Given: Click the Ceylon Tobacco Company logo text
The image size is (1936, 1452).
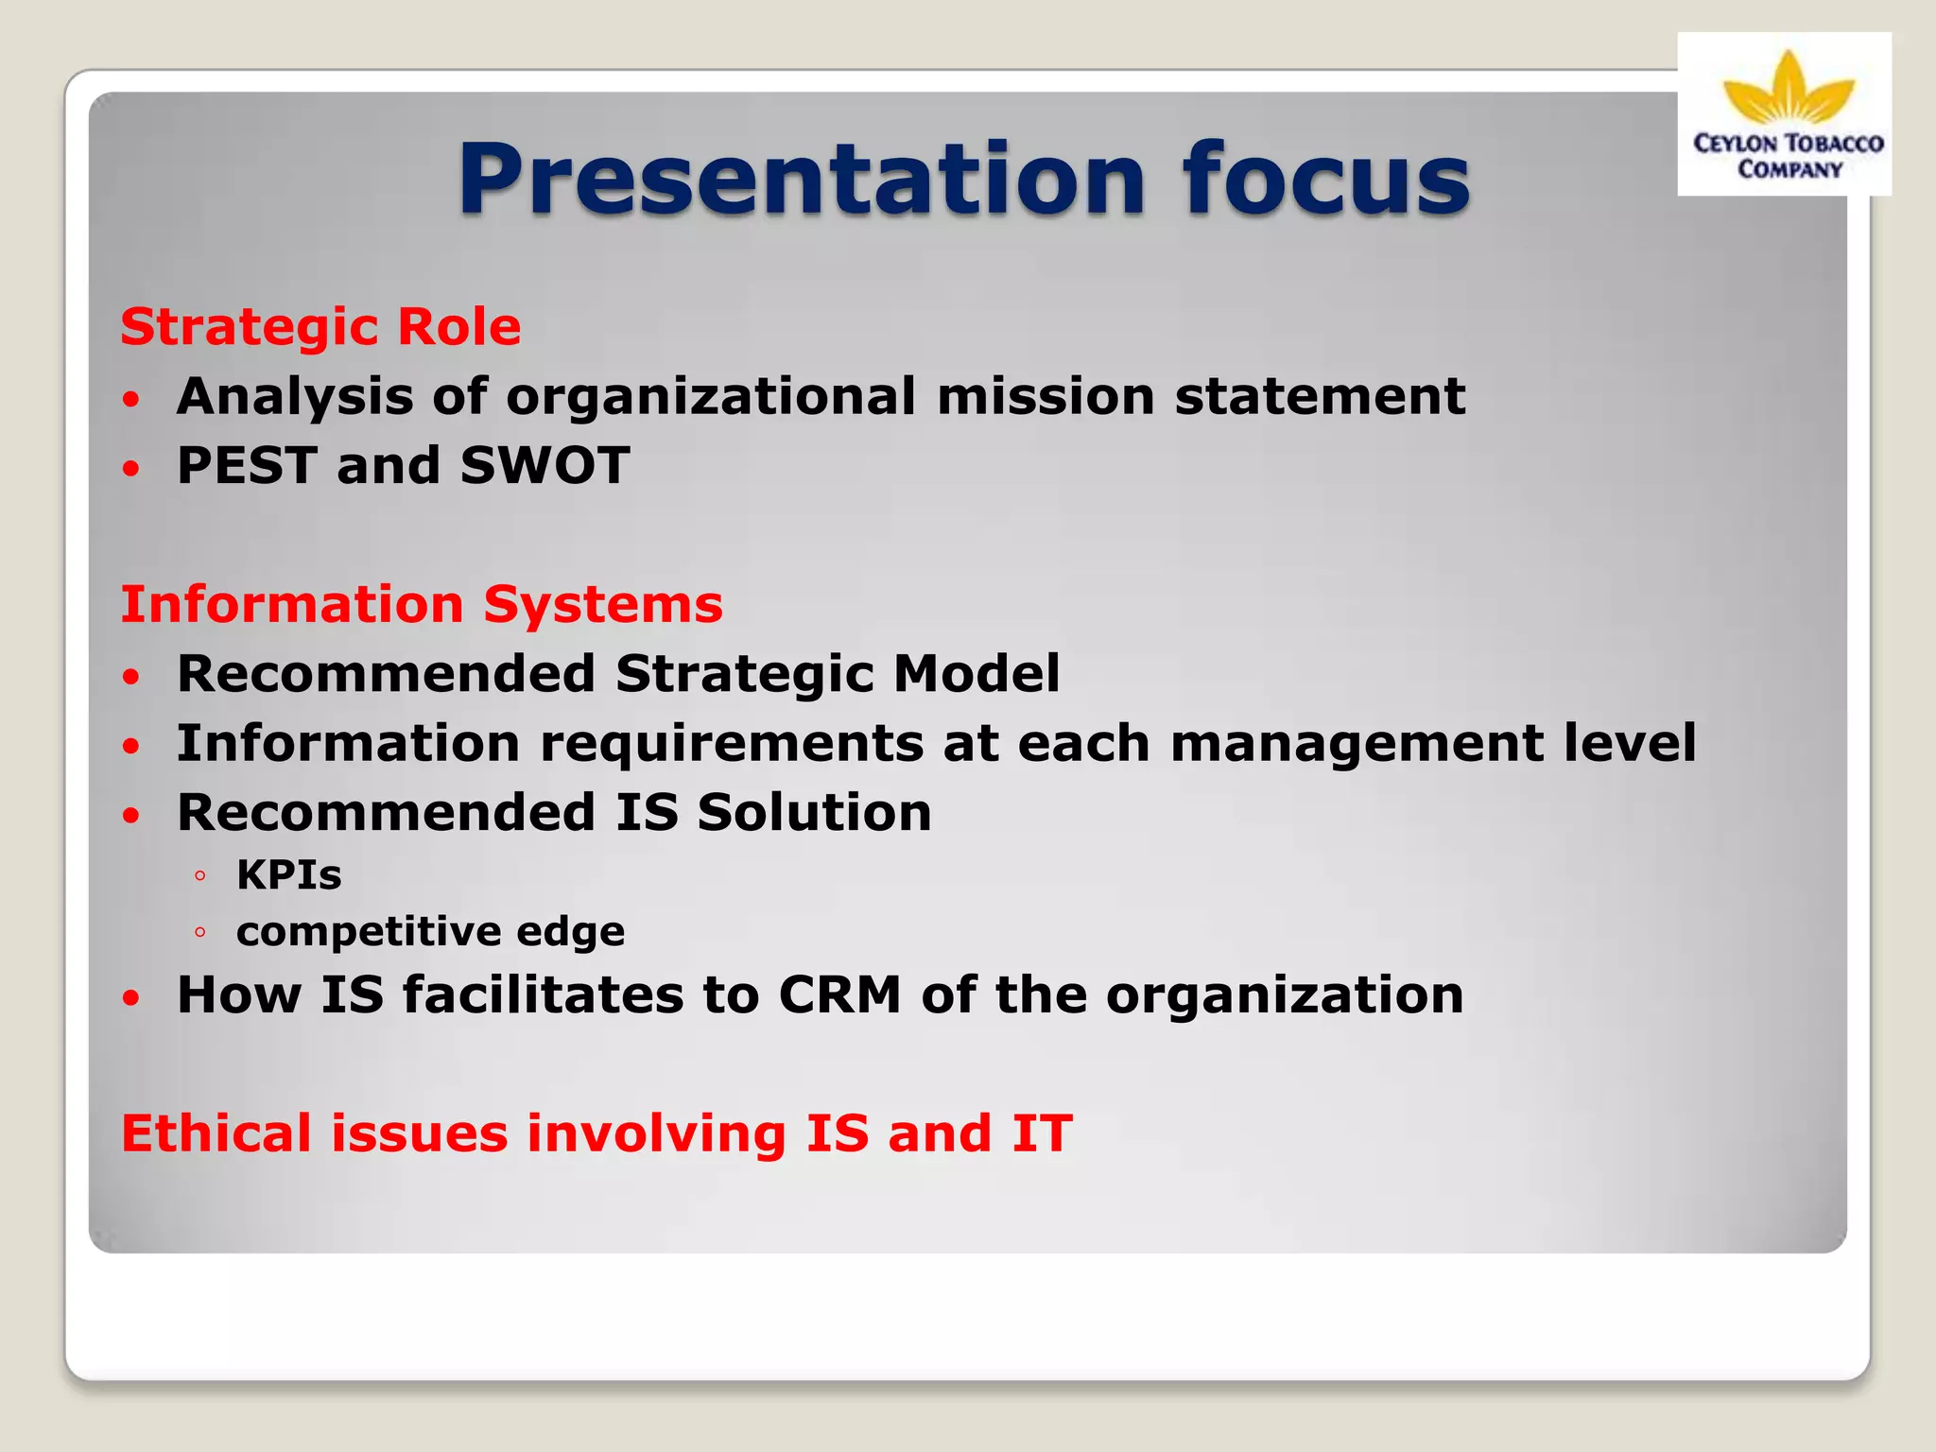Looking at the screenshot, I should coord(1788,156).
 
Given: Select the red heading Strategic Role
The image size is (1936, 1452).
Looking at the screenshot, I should coord(320,328).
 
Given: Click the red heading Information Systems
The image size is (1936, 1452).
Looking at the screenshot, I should coord(422,605).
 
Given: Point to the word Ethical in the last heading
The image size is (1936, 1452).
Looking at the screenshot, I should coord(216,1133).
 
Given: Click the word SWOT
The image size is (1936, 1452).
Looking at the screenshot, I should coord(545,466).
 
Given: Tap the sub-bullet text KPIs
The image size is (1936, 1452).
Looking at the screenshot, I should coord(288,875).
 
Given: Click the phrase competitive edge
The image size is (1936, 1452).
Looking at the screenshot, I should coord(430,932).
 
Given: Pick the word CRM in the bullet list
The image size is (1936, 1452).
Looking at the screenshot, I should coord(839,995).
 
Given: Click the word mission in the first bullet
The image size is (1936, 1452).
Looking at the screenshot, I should coord(1046,396).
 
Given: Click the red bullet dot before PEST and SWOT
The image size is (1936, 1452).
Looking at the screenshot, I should coord(131,468).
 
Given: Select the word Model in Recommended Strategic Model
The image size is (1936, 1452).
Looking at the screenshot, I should coord(976,674).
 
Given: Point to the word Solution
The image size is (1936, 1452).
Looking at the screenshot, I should coord(814,813).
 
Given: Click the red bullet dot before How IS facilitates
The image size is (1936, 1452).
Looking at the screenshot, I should coord(131,997).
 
